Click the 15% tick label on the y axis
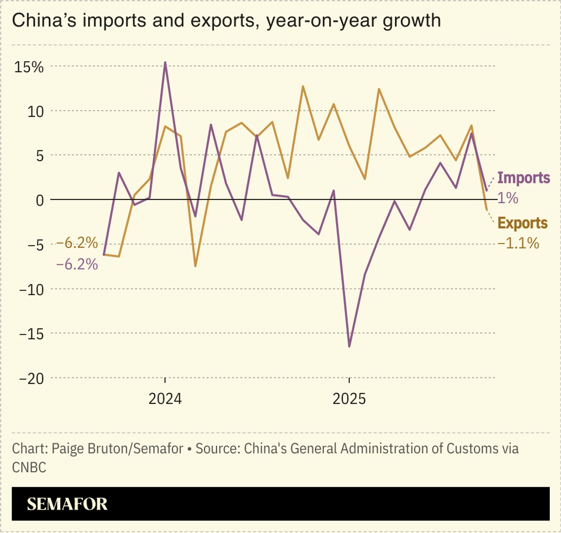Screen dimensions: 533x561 click(x=29, y=67)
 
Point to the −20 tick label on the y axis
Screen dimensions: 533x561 click(x=31, y=378)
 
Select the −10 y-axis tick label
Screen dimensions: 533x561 click(x=31, y=289)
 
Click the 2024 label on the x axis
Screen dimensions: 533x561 click(x=165, y=399)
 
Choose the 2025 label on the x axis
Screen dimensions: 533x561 click(x=349, y=399)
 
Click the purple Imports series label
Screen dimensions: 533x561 click(x=524, y=178)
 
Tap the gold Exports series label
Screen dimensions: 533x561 click(x=522, y=223)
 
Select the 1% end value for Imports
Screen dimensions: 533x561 click(x=507, y=198)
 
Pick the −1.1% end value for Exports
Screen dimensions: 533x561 click(x=518, y=243)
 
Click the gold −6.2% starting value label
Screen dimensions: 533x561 click(x=77, y=242)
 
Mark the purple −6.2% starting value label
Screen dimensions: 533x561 click(x=77, y=265)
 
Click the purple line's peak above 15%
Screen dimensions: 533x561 click(x=165, y=63)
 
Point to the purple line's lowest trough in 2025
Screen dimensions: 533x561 click(x=349, y=346)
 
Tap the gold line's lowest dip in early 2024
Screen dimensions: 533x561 click(x=195, y=266)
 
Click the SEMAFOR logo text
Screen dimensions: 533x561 click(x=67, y=504)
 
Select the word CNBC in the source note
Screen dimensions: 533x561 click(x=29, y=467)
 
